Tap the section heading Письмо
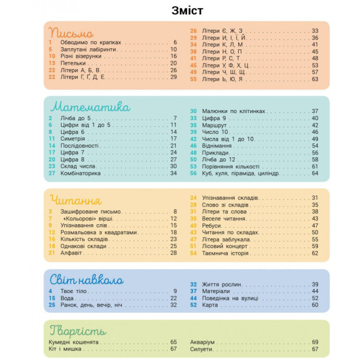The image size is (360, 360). coord(71,33)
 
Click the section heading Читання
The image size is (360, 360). coord(75,199)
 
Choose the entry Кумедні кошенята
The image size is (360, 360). coord(73,342)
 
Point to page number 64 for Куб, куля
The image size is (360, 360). coord(315,173)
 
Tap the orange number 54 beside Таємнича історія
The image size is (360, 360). coord(193,254)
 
